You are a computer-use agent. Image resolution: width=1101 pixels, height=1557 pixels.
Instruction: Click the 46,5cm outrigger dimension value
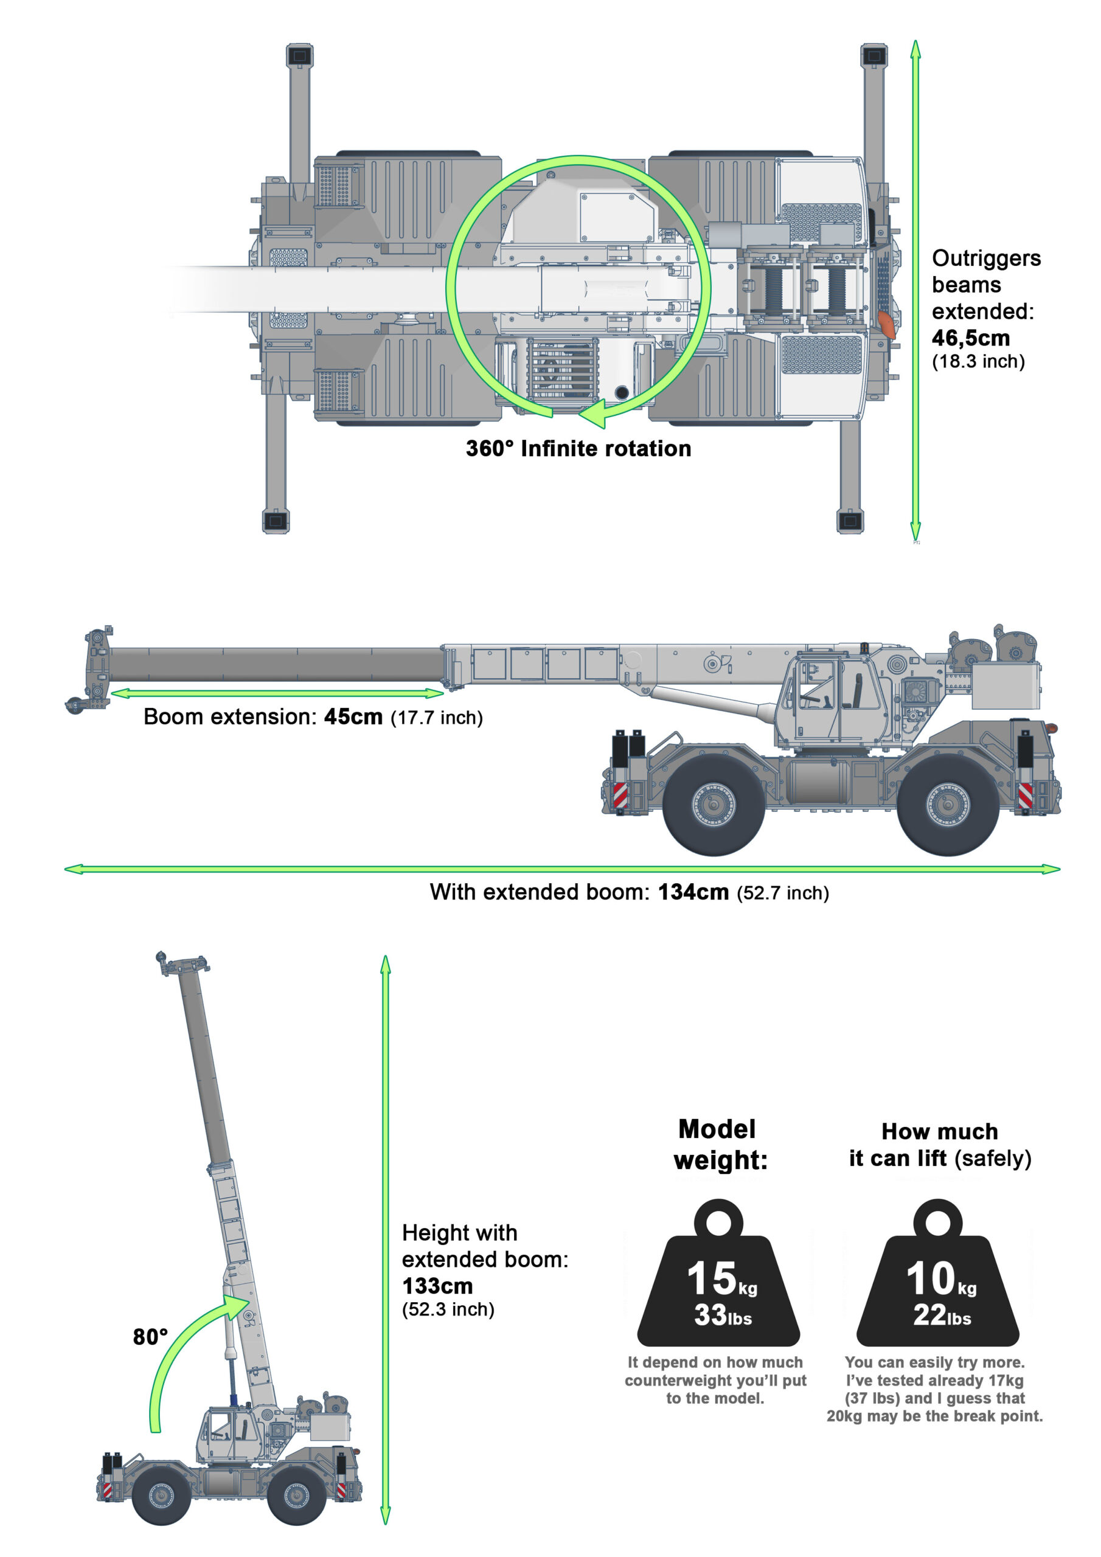(970, 338)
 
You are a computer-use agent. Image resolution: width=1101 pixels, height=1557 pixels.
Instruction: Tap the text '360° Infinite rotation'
(578, 448)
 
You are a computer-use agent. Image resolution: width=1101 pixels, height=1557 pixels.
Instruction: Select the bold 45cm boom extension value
(353, 717)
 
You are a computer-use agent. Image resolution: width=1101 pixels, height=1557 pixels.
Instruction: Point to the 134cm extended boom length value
(693, 892)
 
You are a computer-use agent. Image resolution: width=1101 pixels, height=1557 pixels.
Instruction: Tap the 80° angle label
(150, 1336)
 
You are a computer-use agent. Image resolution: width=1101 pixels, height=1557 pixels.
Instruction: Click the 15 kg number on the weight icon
(711, 1278)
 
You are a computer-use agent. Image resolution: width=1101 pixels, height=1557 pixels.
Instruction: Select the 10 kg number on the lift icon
(930, 1278)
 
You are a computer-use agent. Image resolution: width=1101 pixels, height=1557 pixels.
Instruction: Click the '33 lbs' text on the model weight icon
(723, 1316)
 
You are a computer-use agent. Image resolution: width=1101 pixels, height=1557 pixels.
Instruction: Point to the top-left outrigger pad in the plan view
(299, 55)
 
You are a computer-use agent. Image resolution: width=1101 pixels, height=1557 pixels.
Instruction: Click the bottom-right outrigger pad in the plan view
(850, 521)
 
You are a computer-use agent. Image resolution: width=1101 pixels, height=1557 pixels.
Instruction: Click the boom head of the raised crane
(182, 963)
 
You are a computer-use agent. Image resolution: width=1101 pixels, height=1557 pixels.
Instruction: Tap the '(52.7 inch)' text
(783, 893)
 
